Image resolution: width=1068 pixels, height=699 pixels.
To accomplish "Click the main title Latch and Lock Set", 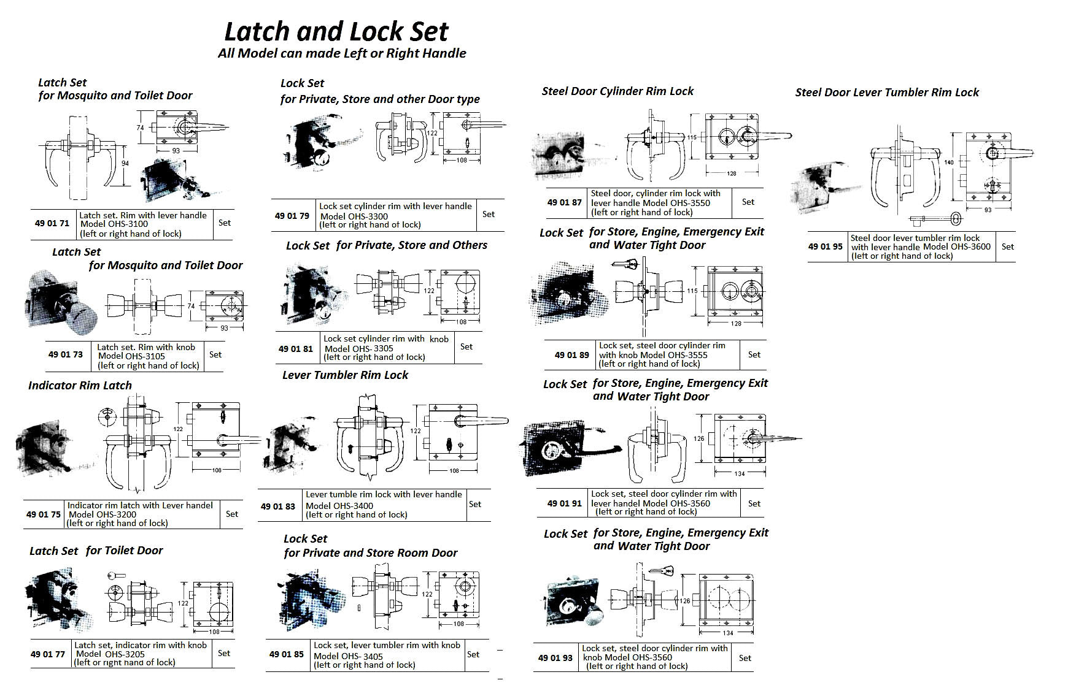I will click(x=336, y=31).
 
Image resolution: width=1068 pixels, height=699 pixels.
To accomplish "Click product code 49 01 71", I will click(x=52, y=223).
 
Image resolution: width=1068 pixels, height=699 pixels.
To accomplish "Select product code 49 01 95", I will click(x=825, y=246).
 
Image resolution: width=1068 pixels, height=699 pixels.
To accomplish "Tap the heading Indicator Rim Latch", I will click(x=80, y=386).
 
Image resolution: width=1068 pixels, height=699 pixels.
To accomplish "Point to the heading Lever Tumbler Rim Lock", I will click(x=345, y=375).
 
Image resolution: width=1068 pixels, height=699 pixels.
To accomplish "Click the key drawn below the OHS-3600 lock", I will click(x=936, y=219).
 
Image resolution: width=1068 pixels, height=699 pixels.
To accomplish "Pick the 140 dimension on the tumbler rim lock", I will click(x=949, y=162).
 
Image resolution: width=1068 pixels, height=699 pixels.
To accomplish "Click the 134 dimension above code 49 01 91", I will click(x=739, y=473).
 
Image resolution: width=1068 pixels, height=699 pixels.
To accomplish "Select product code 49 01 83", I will click(x=277, y=506).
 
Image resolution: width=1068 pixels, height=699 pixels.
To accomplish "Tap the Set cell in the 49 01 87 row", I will click(x=748, y=202).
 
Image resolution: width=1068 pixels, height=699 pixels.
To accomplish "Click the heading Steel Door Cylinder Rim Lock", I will click(x=617, y=91).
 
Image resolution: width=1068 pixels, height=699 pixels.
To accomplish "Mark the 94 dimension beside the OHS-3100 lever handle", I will click(x=125, y=163).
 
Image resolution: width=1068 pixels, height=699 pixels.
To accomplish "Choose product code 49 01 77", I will click(x=47, y=654).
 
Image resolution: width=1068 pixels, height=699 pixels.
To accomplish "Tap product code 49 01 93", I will click(x=555, y=658).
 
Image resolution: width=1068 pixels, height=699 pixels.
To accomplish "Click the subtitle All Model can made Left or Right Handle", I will click(x=342, y=53).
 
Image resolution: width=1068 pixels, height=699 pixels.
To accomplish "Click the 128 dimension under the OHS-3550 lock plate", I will click(x=731, y=174).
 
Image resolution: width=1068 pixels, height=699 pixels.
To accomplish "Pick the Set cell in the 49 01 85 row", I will click(x=473, y=654).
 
